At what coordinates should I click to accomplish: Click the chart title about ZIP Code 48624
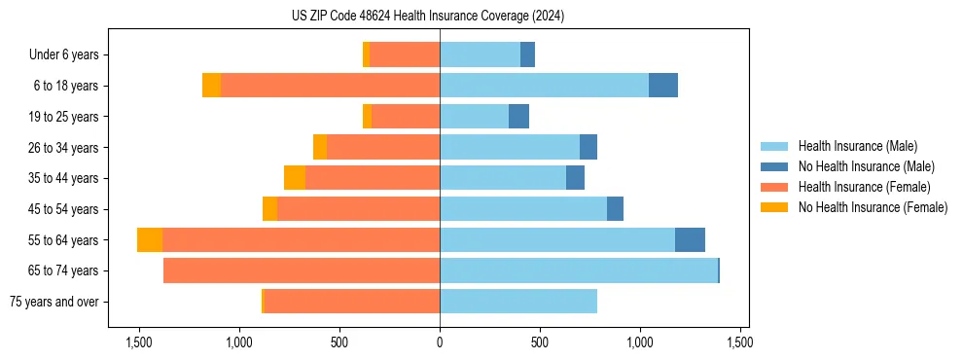pos(428,17)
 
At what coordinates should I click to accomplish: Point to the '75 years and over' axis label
pos(53,302)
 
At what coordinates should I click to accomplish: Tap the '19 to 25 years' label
pos(63,117)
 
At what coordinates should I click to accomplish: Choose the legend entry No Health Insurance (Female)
pos(873,207)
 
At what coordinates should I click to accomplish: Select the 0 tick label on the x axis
pos(440,342)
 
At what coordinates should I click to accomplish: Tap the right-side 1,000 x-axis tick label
pos(639,342)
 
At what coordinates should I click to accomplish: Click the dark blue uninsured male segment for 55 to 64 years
pos(690,239)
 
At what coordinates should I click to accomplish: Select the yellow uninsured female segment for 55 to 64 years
pos(150,239)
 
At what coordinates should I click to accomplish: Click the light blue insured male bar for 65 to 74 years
pos(579,270)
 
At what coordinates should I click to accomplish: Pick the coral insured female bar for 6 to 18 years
pos(331,86)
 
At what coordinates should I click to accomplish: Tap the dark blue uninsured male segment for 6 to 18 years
pos(663,86)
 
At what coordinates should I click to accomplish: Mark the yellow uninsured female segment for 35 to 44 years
pos(295,178)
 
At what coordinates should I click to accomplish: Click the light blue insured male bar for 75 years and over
pos(518,302)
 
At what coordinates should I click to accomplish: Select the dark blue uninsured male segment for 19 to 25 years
pos(518,117)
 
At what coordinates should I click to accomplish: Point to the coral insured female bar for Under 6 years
pos(405,54)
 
